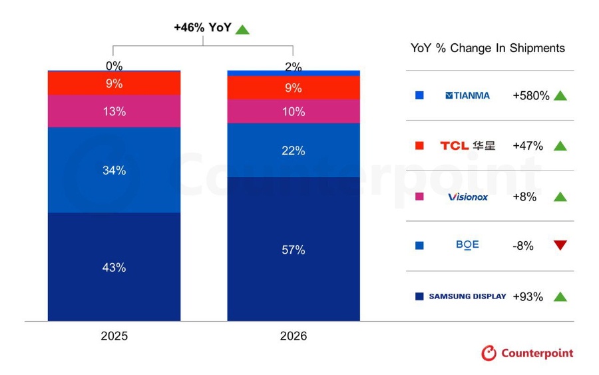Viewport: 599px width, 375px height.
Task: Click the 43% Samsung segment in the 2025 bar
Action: tap(114, 267)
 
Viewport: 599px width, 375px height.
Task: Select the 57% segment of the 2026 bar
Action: tap(294, 249)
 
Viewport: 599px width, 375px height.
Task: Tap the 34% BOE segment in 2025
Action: tap(114, 170)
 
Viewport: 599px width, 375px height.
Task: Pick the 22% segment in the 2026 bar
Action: tap(294, 151)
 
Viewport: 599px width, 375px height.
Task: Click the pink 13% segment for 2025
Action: tap(114, 111)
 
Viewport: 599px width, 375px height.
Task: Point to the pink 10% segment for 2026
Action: tap(294, 111)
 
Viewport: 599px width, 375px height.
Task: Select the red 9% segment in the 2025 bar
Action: tap(114, 83)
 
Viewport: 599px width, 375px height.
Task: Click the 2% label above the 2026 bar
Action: tap(294, 67)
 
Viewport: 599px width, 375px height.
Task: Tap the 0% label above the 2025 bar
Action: tap(114, 66)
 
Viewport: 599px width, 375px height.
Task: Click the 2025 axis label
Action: tap(114, 336)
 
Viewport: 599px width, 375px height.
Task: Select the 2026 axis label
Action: tap(294, 336)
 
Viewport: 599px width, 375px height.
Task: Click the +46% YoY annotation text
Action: tap(203, 27)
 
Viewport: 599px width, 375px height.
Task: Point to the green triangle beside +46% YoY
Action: tap(242, 30)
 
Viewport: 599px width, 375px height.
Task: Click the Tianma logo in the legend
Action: tap(468, 95)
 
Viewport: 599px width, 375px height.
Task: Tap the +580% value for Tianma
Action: tap(531, 95)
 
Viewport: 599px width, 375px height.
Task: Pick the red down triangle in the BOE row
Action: tap(560, 244)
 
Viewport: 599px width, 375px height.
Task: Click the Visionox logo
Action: tap(468, 197)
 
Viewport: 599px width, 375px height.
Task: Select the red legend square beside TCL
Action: tap(419, 145)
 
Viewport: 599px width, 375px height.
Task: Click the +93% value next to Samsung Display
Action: tap(528, 296)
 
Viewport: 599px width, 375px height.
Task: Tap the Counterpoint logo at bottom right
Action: tap(527, 353)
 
